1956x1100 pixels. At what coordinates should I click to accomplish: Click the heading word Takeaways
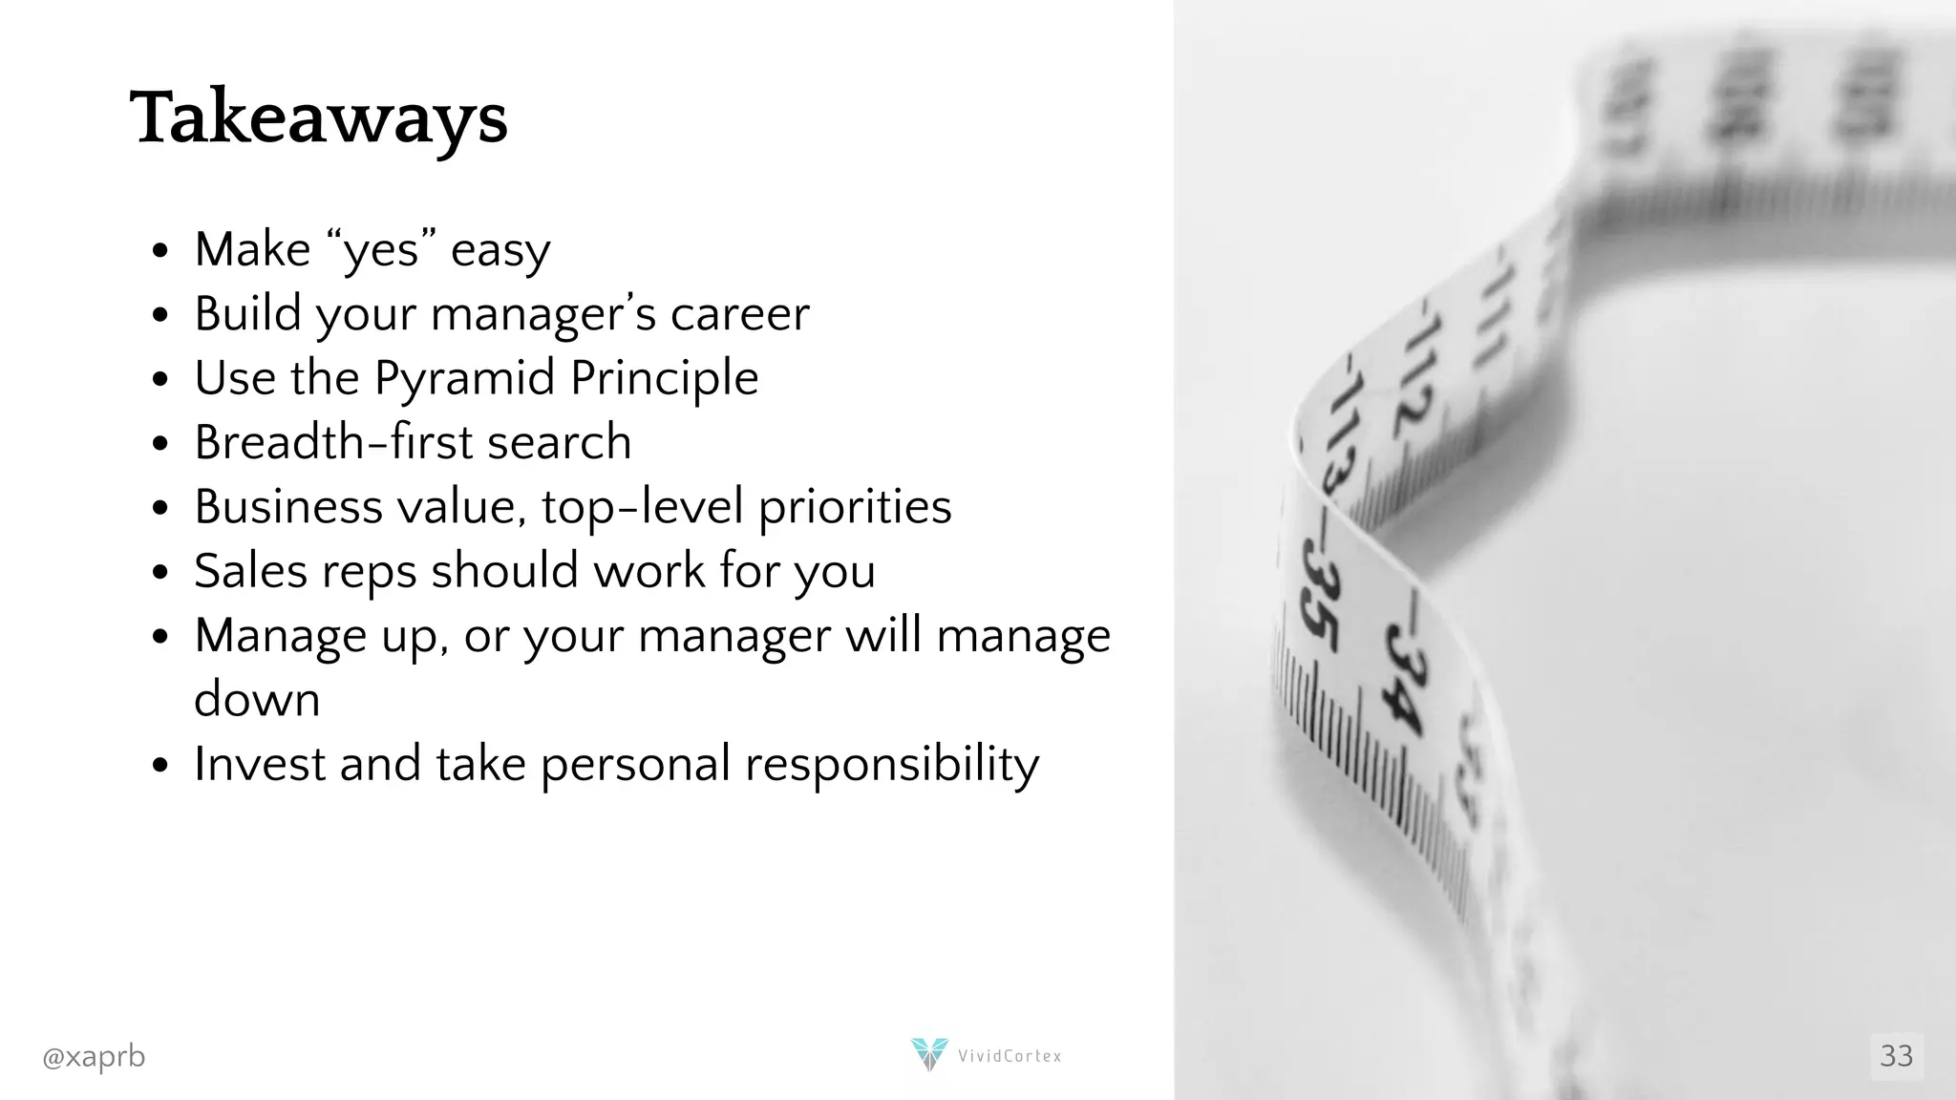318,118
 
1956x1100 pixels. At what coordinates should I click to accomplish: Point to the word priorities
855,507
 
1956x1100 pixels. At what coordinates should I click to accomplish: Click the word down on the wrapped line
257,700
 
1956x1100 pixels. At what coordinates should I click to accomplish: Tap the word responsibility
891,764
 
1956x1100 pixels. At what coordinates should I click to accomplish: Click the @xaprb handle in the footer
94,1057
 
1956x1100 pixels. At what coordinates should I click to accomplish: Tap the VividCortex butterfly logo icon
928,1054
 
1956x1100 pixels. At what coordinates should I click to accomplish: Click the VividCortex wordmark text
1010,1056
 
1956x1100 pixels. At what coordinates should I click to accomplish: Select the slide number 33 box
1896,1056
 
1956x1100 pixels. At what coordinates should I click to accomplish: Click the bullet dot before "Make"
159,251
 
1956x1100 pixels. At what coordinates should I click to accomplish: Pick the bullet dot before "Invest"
159,765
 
